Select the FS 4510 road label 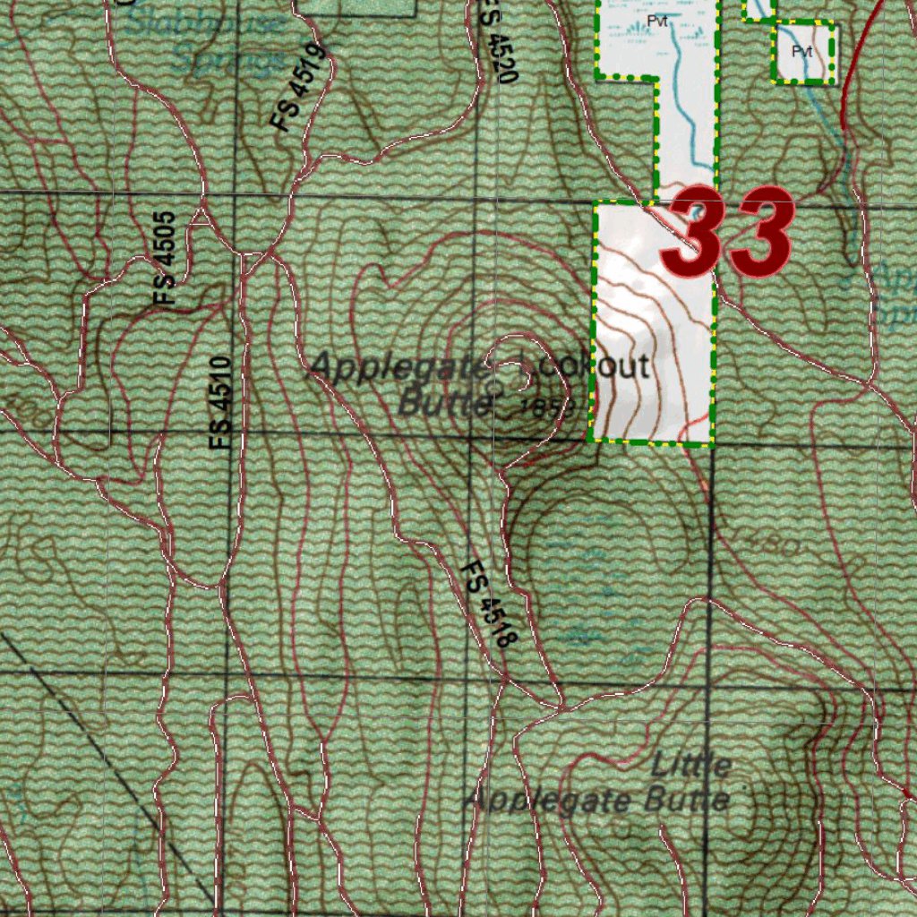(221, 402)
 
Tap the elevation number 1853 (546, 407)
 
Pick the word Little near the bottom (691, 766)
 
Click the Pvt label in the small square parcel (802, 52)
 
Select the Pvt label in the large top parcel (658, 21)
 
